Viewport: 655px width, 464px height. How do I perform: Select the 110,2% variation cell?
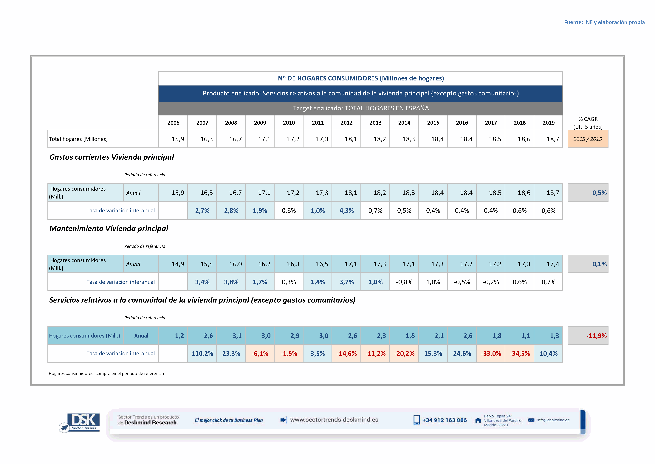(202, 353)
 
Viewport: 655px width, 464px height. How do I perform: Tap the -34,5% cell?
(519, 353)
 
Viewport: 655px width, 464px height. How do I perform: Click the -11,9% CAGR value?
(596, 336)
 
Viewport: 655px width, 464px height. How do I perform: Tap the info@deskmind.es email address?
(553, 420)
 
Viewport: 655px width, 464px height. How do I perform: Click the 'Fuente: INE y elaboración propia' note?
(604, 22)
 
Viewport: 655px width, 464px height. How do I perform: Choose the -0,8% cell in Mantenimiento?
(404, 282)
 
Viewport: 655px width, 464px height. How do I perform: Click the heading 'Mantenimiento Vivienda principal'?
(109, 229)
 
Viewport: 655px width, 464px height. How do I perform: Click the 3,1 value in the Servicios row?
(237, 336)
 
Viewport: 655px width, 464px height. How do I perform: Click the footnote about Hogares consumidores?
(106, 373)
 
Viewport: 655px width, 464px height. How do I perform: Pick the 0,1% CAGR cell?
(599, 264)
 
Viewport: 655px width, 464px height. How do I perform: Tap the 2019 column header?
(548, 123)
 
